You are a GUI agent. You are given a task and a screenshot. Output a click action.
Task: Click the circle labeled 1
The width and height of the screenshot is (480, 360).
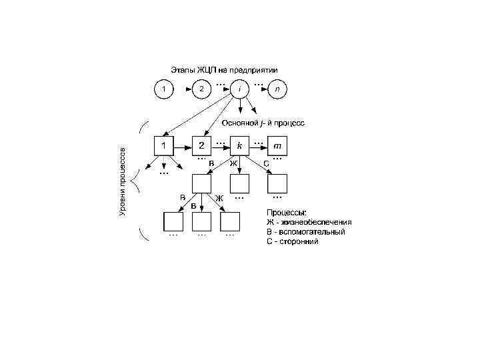pyautogui.click(x=163, y=88)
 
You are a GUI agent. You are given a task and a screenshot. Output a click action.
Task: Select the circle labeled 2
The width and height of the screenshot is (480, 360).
pyautogui.click(x=201, y=88)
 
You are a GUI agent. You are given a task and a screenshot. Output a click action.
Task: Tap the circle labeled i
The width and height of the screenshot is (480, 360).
pyautogui.click(x=239, y=88)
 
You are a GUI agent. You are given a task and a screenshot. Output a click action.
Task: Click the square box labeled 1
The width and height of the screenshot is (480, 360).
pyautogui.click(x=163, y=145)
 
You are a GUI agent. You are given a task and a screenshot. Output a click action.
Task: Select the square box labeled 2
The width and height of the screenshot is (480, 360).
pyautogui.click(x=201, y=145)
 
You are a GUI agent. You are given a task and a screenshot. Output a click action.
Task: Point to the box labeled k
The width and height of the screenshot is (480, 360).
pyautogui.click(x=239, y=145)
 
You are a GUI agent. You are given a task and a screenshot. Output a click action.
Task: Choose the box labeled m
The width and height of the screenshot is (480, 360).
pyautogui.click(x=277, y=145)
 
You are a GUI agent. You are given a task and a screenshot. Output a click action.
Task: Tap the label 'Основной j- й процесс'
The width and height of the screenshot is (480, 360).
pyautogui.click(x=263, y=123)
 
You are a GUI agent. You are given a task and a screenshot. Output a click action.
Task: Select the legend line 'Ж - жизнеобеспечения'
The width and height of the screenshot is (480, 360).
pyautogui.click(x=309, y=223)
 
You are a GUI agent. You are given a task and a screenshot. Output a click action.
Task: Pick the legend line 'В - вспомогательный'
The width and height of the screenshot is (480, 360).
pyautogui.click(x=305, y=232)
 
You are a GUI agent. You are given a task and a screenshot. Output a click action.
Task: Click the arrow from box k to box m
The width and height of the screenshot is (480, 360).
pyautogui.click(x=258, y=145)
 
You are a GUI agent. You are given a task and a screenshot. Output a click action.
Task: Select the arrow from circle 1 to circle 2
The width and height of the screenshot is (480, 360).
pyautogui.click(x=181, y=88)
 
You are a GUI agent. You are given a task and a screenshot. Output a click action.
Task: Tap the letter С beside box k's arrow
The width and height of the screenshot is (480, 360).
pyautogui.click(x=266, y=163)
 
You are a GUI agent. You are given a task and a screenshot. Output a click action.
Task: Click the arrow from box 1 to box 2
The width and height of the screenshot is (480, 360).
pyautogui.click(x=182, y=145)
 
